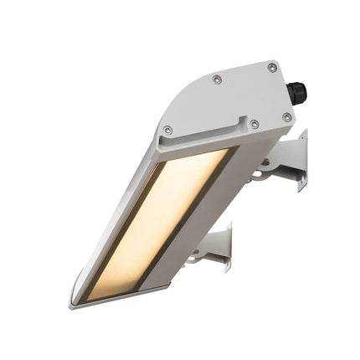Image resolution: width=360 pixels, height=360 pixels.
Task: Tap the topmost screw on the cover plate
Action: pos(272,67)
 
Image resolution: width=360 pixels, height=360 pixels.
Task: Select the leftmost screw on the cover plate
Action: pos(167,130)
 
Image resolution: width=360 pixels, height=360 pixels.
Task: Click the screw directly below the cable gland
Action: pos(287,117)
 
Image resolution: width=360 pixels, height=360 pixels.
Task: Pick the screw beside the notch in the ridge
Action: pos(255,124)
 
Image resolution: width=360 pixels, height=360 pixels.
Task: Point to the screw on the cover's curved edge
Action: pos(217,79)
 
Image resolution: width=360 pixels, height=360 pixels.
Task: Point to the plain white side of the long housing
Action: pos(218,209)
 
